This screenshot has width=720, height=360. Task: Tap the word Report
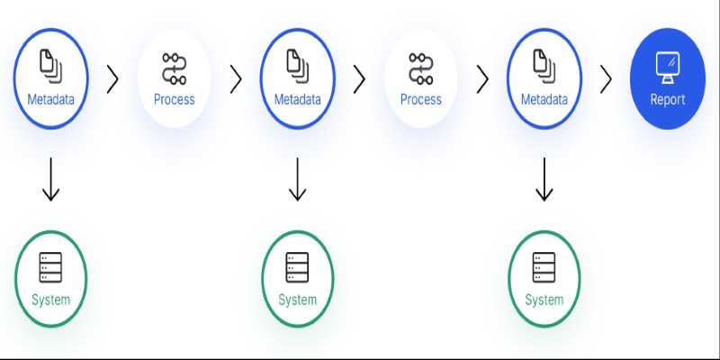pyautogui.click(x=668, y=100)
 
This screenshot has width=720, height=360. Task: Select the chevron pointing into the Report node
pyautogui.click(x=606, y=79)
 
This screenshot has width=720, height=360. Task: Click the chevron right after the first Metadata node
pyautogui.click(x=112, y=79)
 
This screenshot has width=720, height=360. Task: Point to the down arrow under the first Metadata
pyautogui.click(x=50, y=179)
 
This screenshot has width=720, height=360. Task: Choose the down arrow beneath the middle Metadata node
pyautogui.click(x=298, y=179)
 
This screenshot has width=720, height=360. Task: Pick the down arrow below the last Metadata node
pyautogui.click(x=544, y=179)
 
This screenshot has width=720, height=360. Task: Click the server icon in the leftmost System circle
pyautogui.click(x=50, y=267)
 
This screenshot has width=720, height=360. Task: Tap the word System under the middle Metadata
pyautogui.click(x=298, y=301)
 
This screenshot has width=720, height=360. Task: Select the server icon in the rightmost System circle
pyautogui.click(x=544, y=267)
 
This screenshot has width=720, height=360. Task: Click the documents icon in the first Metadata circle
pyautogui.click(x=50, y=67)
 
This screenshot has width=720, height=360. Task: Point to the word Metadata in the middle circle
pyautogui.click(x=298, y=100)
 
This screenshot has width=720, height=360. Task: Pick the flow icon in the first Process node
pyautogui.click(x=175, y=69)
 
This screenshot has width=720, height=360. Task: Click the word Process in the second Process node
pyautogui.click(x=421, y=100)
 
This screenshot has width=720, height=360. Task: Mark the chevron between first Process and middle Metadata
pyautogui.click(x=236, y=79)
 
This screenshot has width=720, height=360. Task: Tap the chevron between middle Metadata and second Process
pyautogui.click(x=359, y=79)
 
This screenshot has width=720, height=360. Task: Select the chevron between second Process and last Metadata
pyautogui.click(x=482, y=79)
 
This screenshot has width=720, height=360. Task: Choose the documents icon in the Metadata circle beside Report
pyautogui.click(x=544, y=67)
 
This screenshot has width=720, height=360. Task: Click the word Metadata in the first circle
pyautogui.click(x=50, y=100)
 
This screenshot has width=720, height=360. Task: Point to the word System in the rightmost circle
pyautogui.click(x=544, y=301)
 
